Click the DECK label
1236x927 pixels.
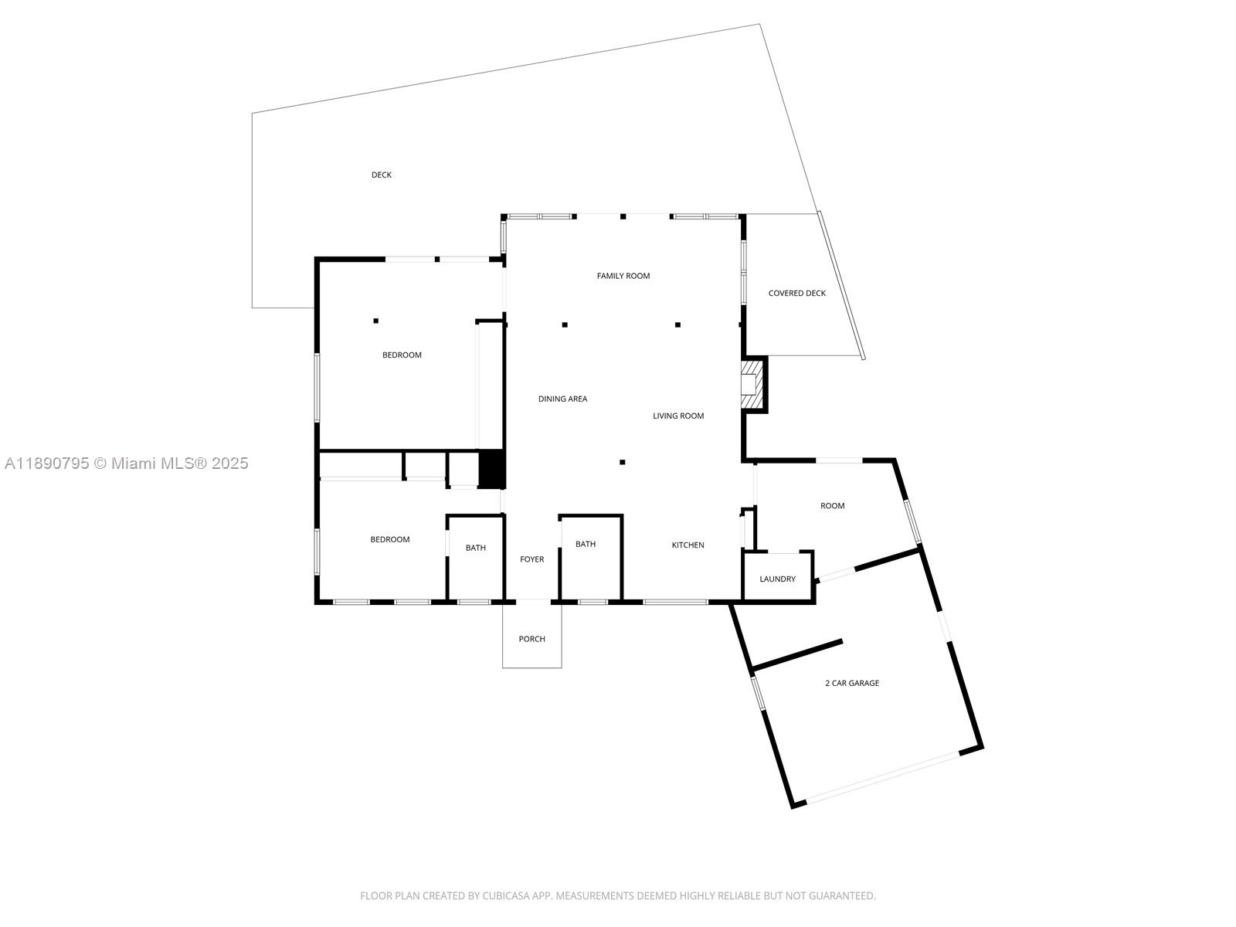[382, 175]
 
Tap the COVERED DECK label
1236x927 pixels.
[796, 294]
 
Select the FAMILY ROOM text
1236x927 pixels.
[623, 276]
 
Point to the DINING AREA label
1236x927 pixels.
[562, 399]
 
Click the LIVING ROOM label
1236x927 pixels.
[678, 416]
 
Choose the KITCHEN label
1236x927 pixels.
[688, 545]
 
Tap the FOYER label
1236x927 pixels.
[531, 559]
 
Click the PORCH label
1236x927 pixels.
[531, 639]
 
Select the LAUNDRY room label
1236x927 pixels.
[777, 579]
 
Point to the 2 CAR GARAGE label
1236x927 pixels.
[852, 683]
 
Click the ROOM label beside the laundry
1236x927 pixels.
[832, 506]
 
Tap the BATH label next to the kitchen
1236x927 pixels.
[586, 545]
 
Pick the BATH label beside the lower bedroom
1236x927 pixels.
[476, 548]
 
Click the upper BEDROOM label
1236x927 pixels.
[402, 355]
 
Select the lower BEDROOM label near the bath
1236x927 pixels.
[389, 540]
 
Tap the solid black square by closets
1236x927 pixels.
[491, 469]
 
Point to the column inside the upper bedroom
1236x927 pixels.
[376, 321]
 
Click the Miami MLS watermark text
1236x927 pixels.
[127, 463]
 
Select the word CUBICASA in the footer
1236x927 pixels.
[504, 896]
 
